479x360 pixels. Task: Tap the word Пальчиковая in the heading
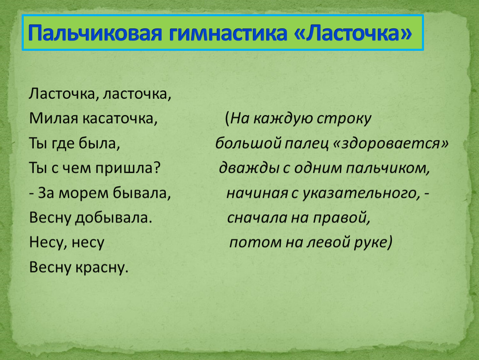tap(95, 33)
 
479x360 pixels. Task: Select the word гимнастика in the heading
tap(227, 32)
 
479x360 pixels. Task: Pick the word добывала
tap(114, 217)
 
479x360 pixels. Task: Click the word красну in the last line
tap(102, 267)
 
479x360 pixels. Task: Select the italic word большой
tap(248, 143)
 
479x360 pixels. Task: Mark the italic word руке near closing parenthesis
tap(370, 243)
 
